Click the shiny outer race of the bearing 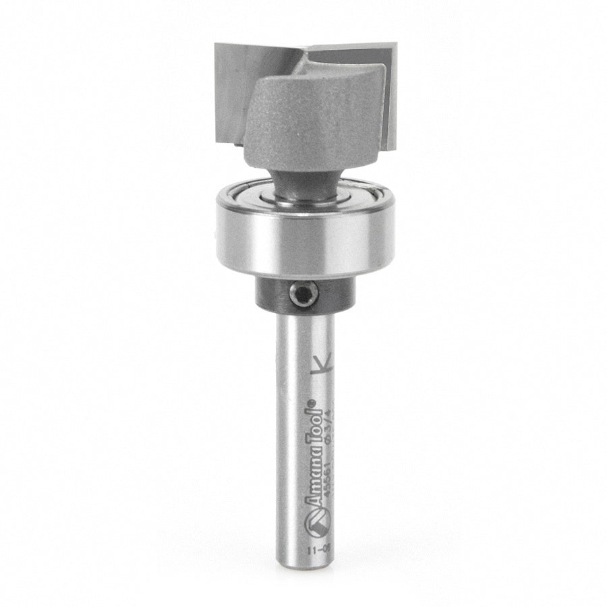[x=296, y=236]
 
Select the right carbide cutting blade [x=388, y=101]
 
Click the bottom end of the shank [x=301, y=572]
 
